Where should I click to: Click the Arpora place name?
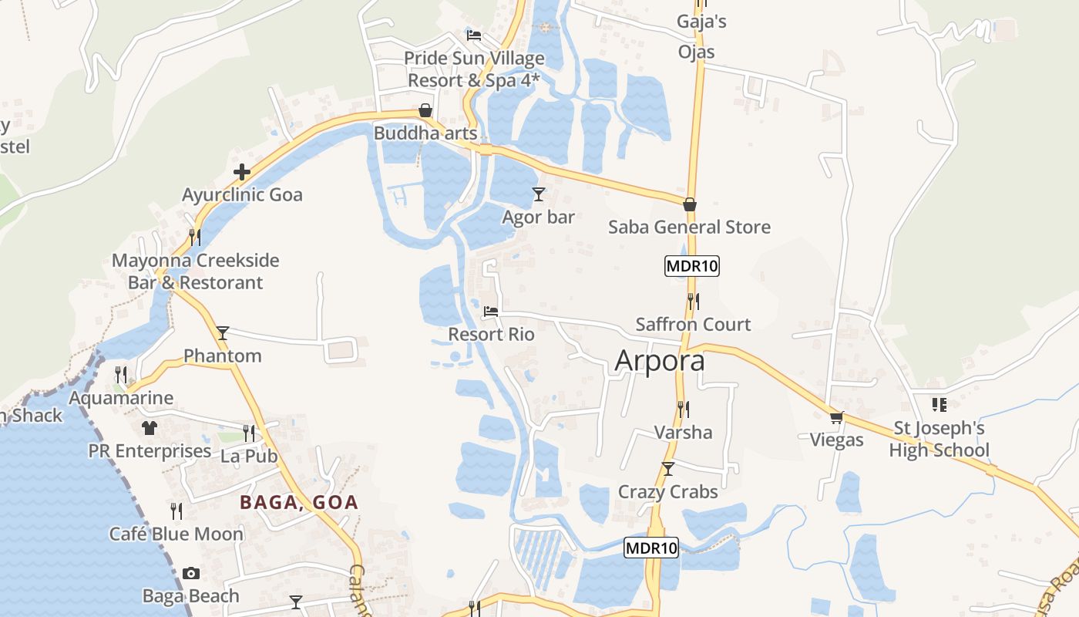[x=660, y=360]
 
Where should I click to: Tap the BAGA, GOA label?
[x=299, y=503]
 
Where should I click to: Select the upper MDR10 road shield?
[x=691, y=267]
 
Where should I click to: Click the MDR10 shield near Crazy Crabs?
[x=651, y=548]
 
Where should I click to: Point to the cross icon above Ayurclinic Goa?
[x=242, y=171]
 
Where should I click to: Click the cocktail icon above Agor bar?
[x=539, y=194]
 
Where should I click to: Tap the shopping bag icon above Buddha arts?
[x=425, y=110]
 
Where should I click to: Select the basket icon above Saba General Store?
[x=690, y=204]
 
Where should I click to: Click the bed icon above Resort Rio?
[x=491, y=312]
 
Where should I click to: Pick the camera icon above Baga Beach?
[x=191, y=573]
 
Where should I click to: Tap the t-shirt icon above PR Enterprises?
[x=150, y=427]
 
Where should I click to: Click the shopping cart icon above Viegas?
[x=837, y=417]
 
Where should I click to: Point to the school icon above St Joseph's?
[x=939, y=404]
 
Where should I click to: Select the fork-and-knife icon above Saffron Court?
[x=694, y=302]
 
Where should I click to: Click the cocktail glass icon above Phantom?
[x=223, y=332]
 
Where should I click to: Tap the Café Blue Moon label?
[x=176, y=534]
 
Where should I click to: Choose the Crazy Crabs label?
[x=667, y=492]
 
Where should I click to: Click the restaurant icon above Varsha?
[x=683, y=409]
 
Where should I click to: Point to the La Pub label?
[x=249, y=456]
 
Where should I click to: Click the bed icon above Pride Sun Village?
[x=474, y=35]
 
